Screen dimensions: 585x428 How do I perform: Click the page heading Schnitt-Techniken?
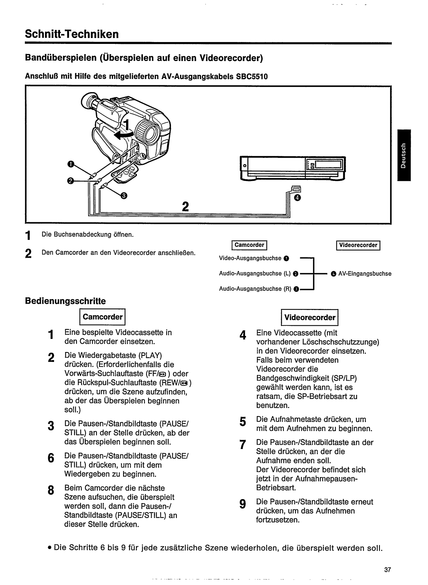click(72, 34)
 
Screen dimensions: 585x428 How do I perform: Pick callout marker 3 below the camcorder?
click(124, 196)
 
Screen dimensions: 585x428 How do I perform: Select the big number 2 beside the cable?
click(185, 207)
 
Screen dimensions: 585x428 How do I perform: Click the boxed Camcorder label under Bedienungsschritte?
click(102, 317)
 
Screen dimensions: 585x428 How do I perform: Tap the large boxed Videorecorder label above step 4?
click(310, 317)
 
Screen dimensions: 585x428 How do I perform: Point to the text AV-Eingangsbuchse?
click(365, 273)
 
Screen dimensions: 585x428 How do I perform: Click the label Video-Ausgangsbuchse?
click(250, 258)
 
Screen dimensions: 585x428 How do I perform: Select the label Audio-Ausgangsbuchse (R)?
click(255, 289)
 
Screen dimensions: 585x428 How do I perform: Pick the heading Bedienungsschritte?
click(65, 301)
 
